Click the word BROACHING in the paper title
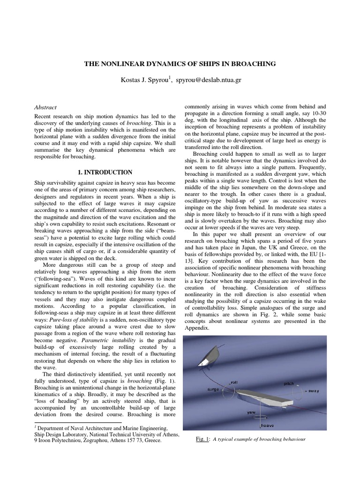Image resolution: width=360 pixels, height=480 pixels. pos(250,63)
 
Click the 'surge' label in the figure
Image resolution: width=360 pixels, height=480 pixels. pos(214,389)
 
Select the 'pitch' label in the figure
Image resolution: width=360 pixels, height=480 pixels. pos(289,383)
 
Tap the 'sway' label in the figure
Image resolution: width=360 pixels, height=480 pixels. pos(313,390)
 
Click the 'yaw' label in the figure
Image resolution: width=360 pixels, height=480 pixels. pos(251,413)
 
